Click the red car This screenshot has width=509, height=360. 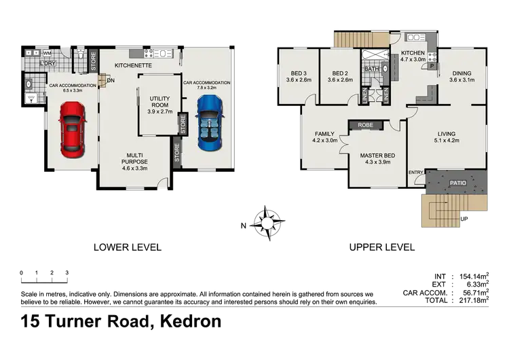click(71, 128)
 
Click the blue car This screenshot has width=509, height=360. click(210, 122)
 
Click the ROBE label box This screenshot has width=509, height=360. click(366, 126)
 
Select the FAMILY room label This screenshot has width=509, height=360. click(324, 134)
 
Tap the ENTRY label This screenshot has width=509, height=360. click(416, 173)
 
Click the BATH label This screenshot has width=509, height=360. click(371, 69)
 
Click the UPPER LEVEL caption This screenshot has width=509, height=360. click(382, 248)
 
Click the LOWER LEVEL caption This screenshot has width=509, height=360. click(128, 248)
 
